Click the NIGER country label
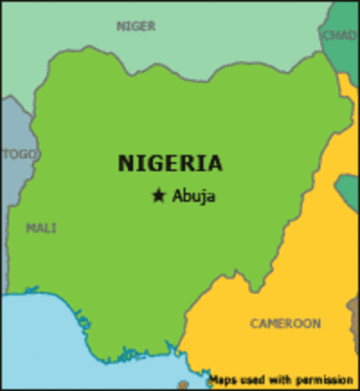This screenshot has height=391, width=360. pyautogui.click(x=136, y=25)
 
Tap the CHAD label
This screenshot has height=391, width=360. pyautogui.click(x=340, y=35)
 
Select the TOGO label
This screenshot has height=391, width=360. pyautogui.click(x=19, y=154)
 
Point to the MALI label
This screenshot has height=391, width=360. pyautogui.click(x=41, y=227)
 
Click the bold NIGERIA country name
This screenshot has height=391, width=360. pyautogui.click(x=169, y=163)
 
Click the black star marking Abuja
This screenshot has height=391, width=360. pyautogui.click(x=159, y=195)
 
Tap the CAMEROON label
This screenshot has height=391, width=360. pyautogui.click(x=285, y=323)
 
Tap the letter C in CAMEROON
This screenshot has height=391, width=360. pyautogui.click(x=255, y=323)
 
